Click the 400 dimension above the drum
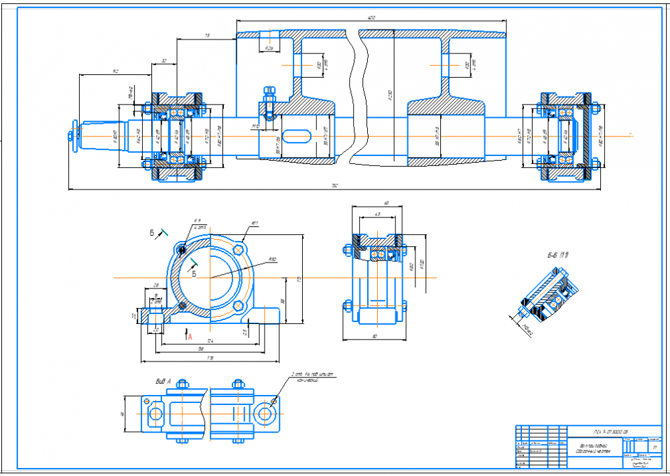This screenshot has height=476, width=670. (370, 17)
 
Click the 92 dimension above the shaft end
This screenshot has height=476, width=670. (115, 71)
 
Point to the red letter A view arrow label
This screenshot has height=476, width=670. (190, 337)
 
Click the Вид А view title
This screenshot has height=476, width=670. (163, 381)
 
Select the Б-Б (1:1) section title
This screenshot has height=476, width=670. (557, 255)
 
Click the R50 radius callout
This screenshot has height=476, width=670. (272, 260)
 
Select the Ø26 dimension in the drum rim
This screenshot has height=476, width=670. (268, 49)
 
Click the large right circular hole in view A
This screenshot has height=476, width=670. (265, 413)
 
